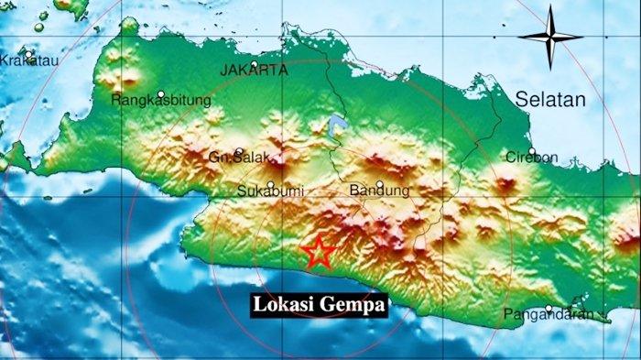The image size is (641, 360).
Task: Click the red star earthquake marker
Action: click(318, 252)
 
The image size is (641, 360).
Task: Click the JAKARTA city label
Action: click(255, 70)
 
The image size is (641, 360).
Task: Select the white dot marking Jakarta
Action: click(254, 64)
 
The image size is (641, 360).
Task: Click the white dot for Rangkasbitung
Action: click(160, 93)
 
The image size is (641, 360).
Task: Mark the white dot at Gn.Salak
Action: click(239, 152)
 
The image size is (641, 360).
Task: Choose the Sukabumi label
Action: click(270, 191)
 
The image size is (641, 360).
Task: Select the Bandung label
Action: click(379, 191)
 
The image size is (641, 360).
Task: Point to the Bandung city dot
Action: click(379, 183)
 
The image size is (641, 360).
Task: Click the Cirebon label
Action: click(531, 158)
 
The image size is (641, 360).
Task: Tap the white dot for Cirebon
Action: click(531, 151)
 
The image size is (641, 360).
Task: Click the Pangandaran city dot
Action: click(549, 309)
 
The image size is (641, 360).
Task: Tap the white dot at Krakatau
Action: click(30, 53)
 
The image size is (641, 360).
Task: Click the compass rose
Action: click(549, 37)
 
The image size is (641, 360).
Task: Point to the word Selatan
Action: click(549, 100)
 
